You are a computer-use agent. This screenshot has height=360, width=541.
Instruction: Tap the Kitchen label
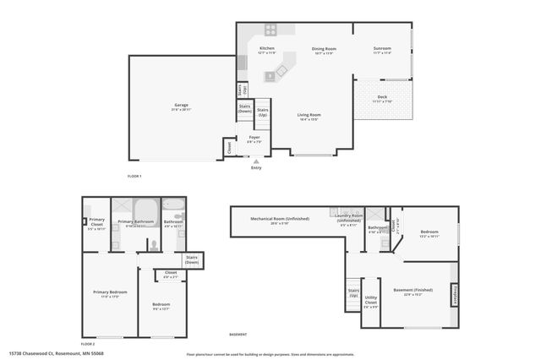coord(266,50)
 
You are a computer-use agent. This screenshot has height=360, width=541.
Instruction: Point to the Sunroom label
coord(382,50)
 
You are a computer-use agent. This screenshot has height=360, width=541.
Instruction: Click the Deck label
coord(382,98)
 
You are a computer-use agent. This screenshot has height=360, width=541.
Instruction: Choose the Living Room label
coord(307,117)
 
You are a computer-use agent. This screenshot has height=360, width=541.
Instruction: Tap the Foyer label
coord(254,139)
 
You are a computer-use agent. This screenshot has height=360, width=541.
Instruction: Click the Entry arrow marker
coord(256,161)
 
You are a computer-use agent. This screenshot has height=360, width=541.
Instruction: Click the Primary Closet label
coord(97,221)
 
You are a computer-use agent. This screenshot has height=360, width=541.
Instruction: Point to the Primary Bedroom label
coord(110,294)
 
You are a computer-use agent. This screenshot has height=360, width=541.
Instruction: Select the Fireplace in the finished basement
coord(455,292)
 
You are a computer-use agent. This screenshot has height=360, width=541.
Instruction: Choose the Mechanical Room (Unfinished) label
coord(279,220)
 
